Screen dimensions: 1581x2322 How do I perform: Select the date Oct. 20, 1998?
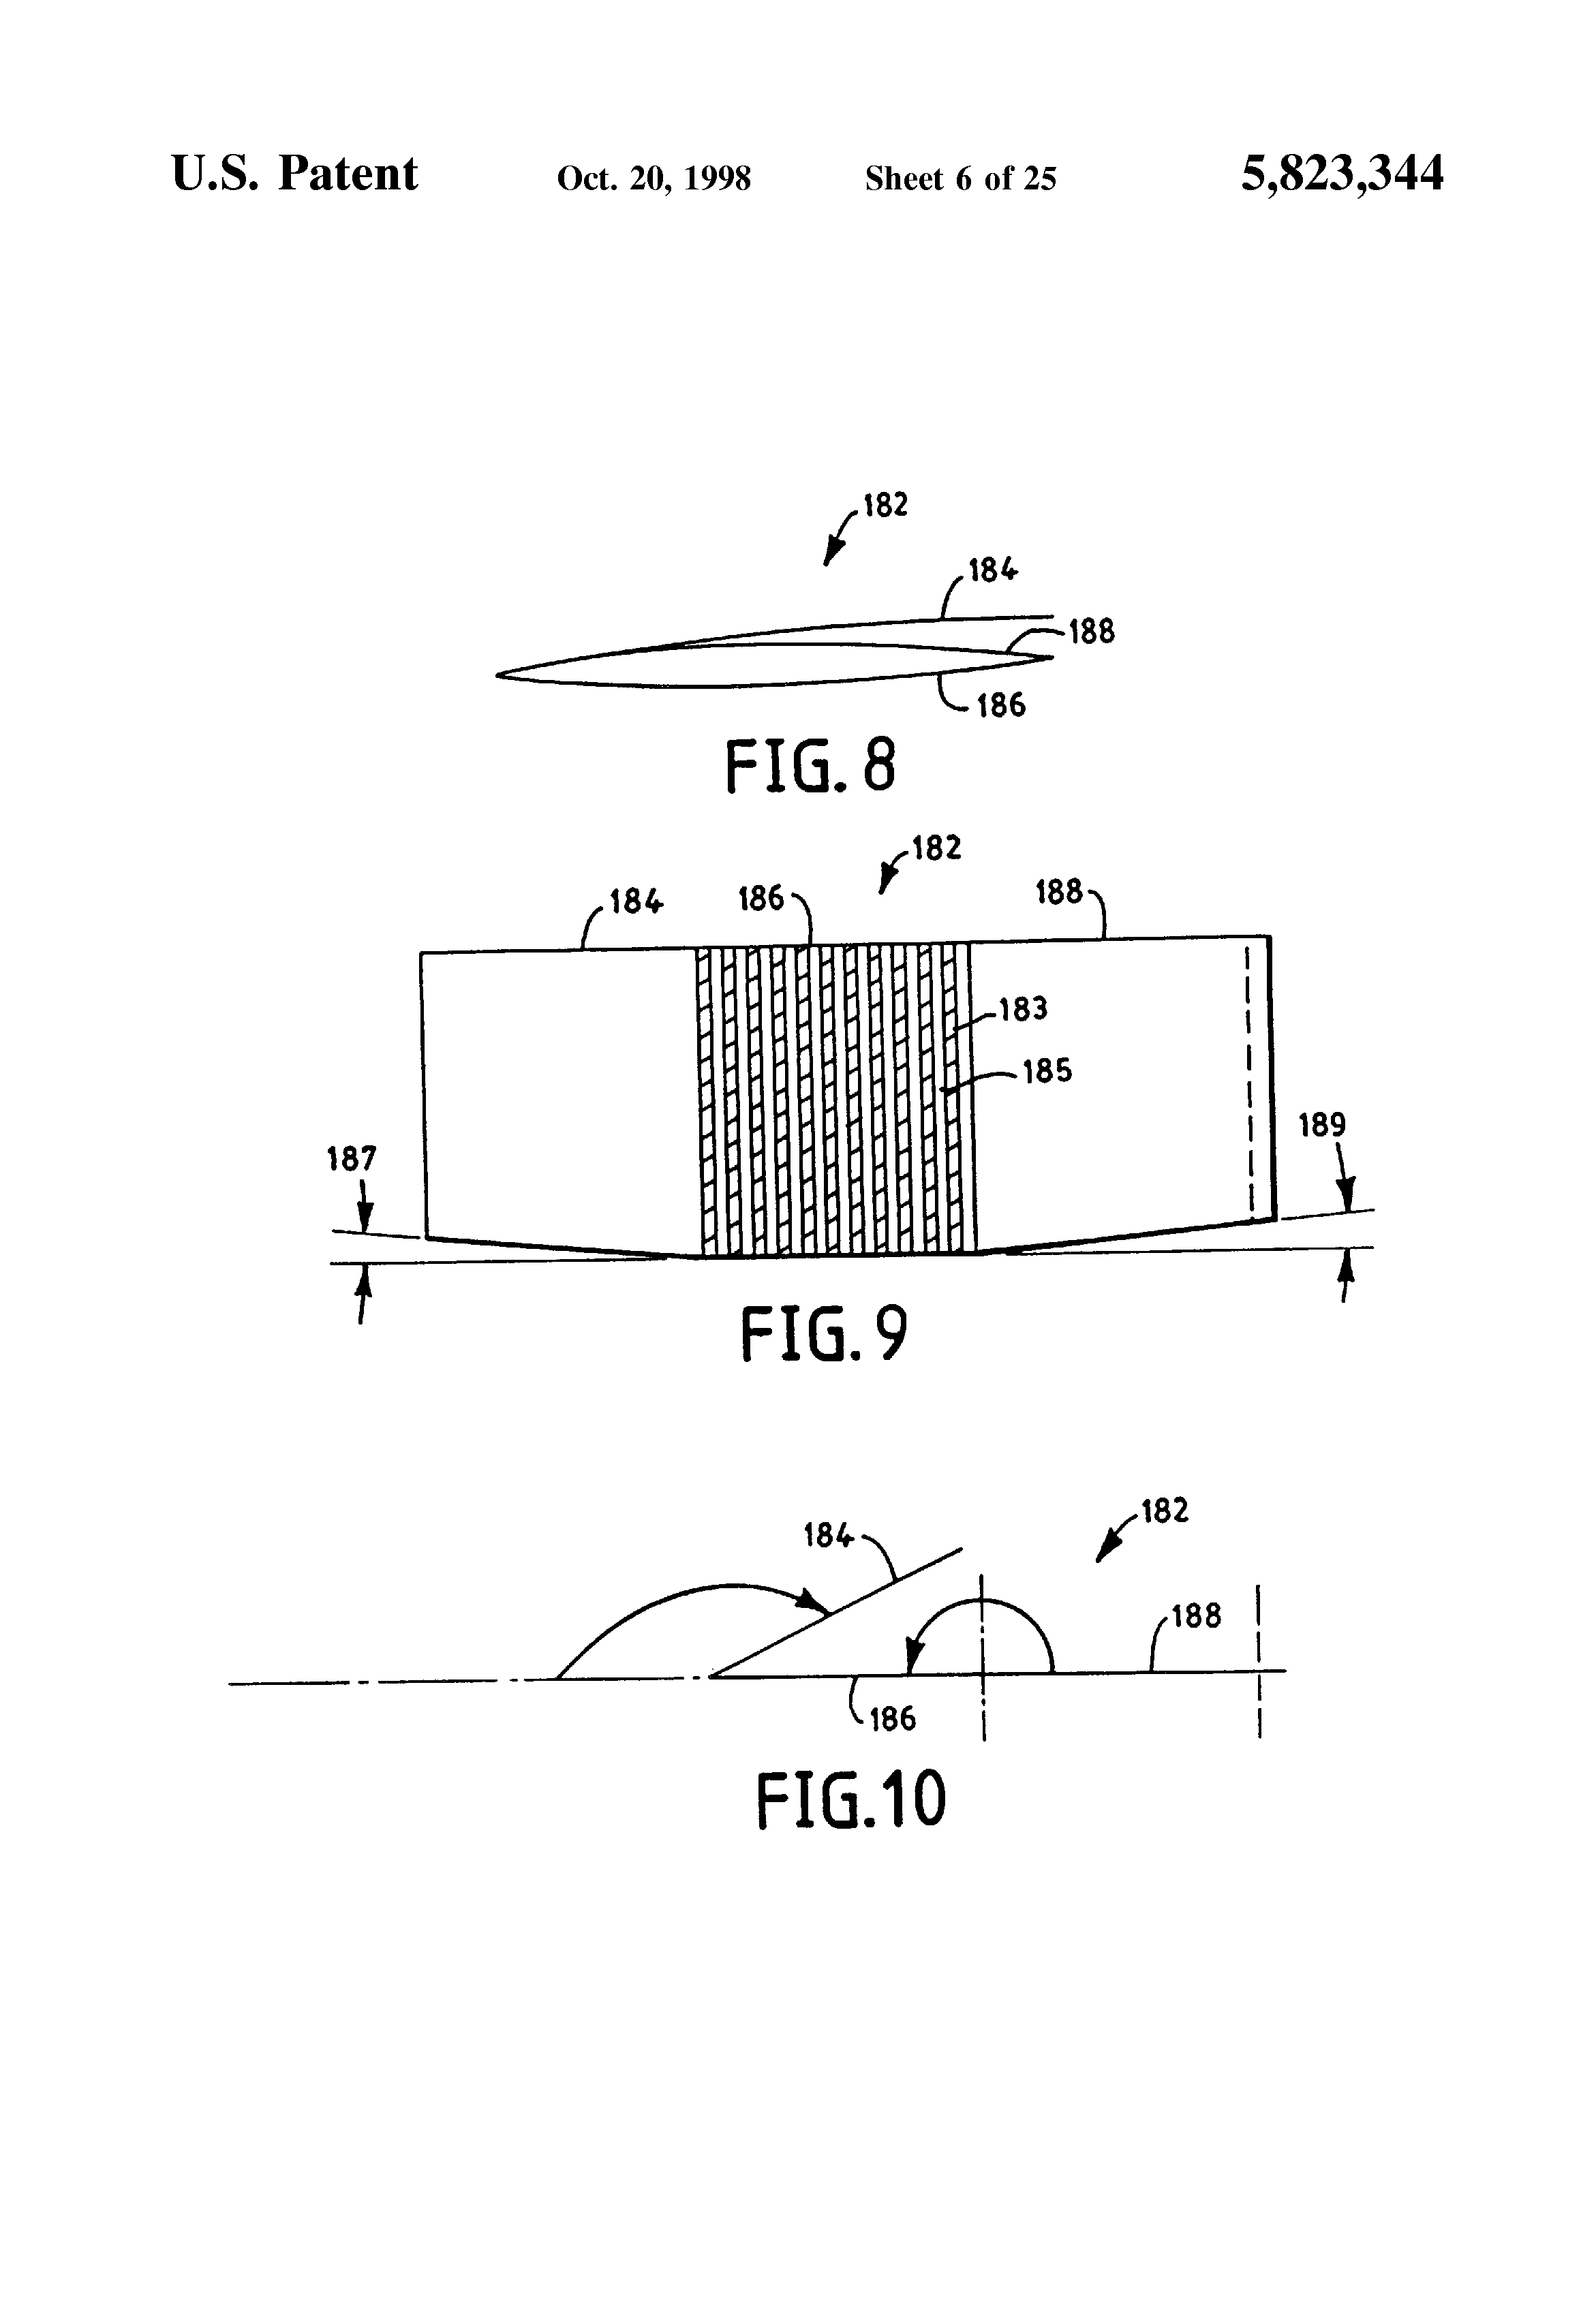point(654,178)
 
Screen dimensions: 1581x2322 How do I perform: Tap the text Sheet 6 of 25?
point(960,178)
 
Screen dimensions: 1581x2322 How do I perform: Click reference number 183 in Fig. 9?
point(1024,1009)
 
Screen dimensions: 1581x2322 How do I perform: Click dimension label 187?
point(352,1159)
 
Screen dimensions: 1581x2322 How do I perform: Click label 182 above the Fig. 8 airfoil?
point(885,506)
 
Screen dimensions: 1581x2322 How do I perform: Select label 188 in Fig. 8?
point(1091,632)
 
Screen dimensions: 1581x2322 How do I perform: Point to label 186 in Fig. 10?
point(893,1718)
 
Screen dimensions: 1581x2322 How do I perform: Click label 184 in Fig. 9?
point(636,902)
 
